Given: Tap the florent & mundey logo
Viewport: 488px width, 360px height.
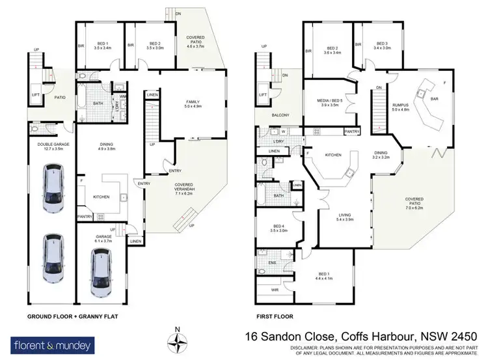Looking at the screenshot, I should (52, 344).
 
